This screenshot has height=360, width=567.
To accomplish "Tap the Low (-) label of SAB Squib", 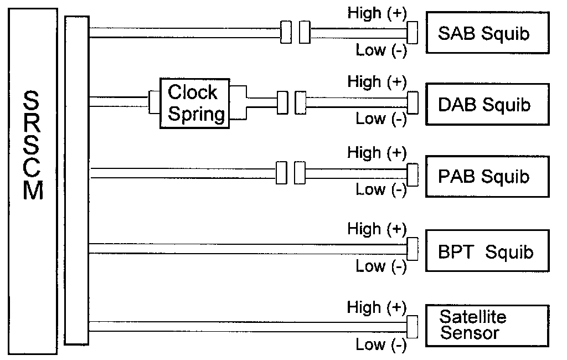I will click(381, 50).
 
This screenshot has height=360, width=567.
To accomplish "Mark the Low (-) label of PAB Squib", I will click(381, 189).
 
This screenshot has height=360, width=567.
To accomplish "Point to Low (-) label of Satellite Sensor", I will click(381, 345).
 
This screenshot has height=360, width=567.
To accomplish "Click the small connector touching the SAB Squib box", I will click(412, 33).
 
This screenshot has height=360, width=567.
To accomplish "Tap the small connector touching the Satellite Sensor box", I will click(412, 326).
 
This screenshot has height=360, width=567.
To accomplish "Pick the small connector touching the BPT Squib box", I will click(412, 249).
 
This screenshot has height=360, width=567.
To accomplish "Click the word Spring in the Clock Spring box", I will click(197, 114).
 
